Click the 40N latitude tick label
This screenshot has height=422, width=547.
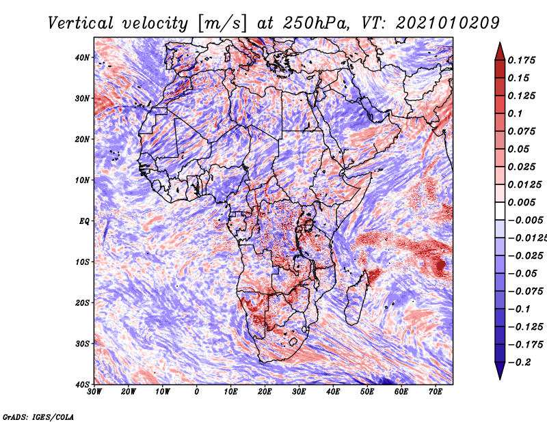click(x=82, y=57)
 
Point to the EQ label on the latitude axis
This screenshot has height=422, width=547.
click(x=84, y=221)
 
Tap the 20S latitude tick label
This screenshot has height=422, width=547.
click(x=82, y=303)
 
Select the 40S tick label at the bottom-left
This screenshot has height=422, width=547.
click(x=82, y=384)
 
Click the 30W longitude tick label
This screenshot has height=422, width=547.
click(x=94, y=392)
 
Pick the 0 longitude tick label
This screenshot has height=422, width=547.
click(x=197, y=392)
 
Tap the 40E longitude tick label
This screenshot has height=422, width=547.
click(x=333, y=392)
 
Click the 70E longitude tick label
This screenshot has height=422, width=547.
click(x=436, y=392)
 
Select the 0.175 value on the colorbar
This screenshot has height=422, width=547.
click(x=521, y=60)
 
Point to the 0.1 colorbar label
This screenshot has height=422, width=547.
click(x=515, y=113)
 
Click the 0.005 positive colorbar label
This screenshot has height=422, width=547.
click(x=521, y=202)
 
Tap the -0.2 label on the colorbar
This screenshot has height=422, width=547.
click(x=519, y=363)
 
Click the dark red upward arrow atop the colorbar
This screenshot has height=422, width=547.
click(x=500, y=52)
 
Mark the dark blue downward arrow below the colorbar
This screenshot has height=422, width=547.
click(x=500, y=371)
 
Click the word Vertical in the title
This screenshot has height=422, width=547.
click(x=81, y=23)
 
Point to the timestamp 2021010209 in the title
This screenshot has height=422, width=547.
click(x=448, y=23)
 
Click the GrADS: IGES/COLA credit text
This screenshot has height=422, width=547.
click(x=38, y=417)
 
